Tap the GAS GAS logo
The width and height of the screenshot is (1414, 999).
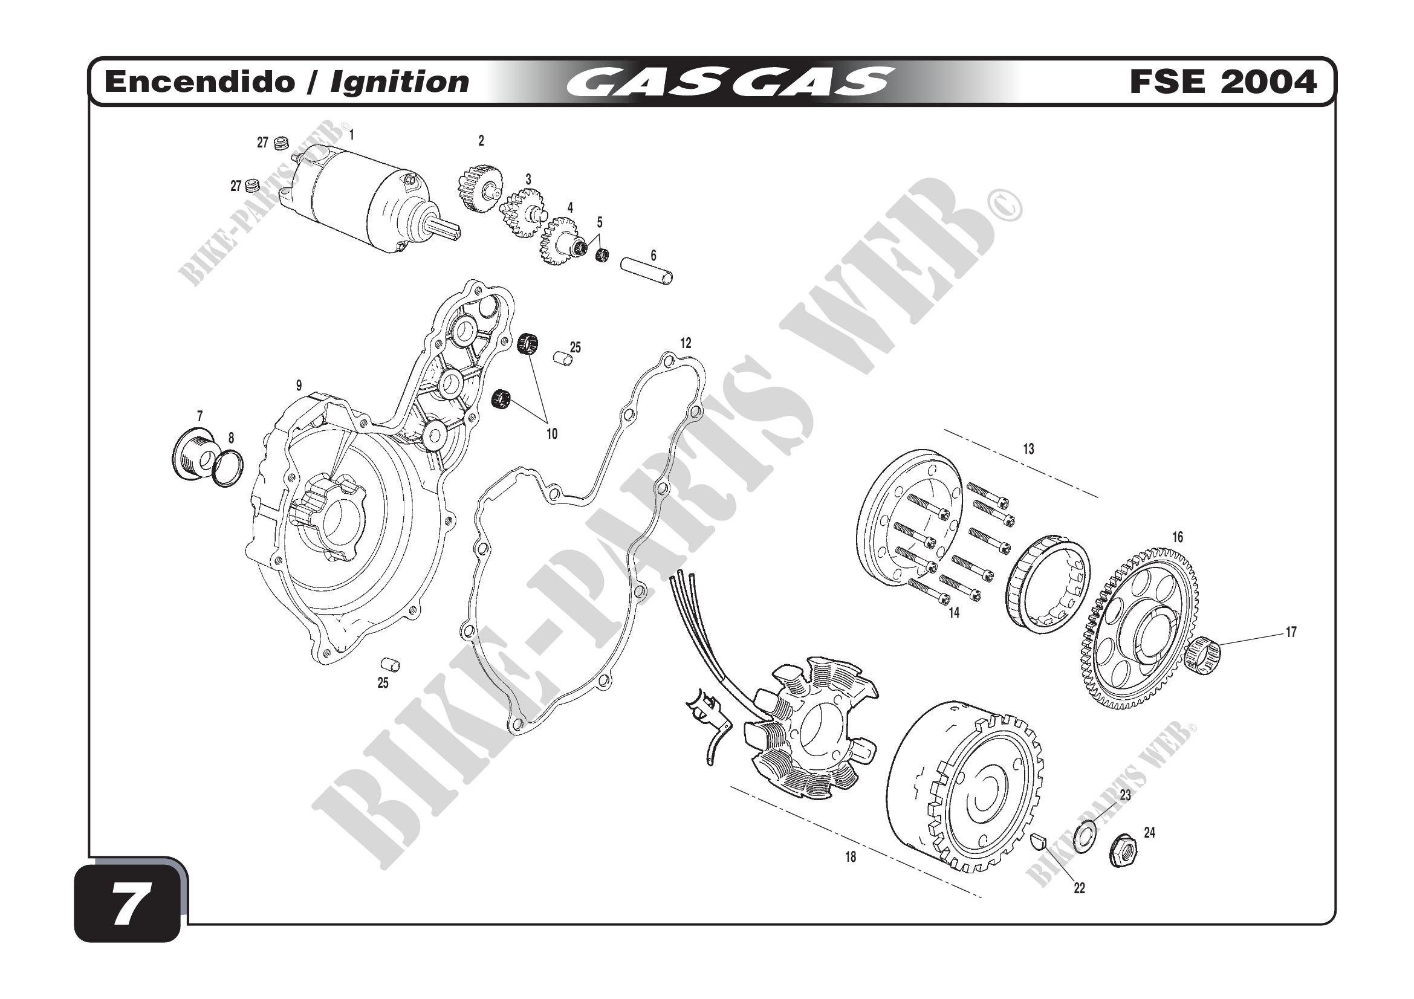(x=729, y=82)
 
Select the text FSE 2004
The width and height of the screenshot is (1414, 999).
(x=1223, y=82)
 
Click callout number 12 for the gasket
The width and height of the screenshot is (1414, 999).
(x=686, y=343)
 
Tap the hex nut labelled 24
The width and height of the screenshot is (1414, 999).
(x=1123, y=852)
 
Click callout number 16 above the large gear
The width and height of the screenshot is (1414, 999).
(x=1177, y=537)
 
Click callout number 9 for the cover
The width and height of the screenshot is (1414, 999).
(x=299, y=386)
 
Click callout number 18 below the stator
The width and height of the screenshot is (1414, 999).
(x=851, y=857)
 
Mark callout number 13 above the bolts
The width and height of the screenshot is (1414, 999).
(x=1028, y=449)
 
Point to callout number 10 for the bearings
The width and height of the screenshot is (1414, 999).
(x=552, y=434)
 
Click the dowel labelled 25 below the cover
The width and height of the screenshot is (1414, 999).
(x=391, y=665)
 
